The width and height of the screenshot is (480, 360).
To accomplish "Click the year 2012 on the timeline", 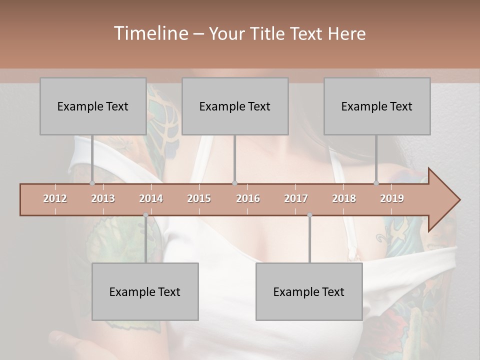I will tap(55, 198).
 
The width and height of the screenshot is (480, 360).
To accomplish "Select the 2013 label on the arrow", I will tap(103, 198).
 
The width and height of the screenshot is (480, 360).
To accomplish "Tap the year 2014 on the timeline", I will tap(151, 198).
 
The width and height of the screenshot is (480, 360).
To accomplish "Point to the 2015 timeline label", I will tap(199, 198).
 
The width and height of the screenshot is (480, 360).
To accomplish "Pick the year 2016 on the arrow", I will tap(248, 198).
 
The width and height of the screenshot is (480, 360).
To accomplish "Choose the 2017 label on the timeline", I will tap(296, 198).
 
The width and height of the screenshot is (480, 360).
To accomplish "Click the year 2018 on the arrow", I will tap(344, 198).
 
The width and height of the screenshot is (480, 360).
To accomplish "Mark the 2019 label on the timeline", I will tap(392, 198).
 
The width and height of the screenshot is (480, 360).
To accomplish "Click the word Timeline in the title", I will tap(150, 33).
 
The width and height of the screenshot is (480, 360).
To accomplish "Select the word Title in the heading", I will tap(268, 33).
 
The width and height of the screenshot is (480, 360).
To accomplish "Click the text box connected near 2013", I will tap(93, 106).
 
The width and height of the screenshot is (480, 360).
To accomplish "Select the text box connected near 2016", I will tap(235, 106).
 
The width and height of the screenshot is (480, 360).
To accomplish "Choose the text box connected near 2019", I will tap(377, 106).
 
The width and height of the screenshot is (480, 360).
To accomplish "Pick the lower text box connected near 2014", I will tap(145, 291).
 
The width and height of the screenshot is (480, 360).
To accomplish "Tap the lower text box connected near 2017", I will tap(309, 291).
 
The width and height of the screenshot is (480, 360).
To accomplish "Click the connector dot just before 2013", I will tap(92, 183).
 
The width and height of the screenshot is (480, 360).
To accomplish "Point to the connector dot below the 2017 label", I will tap(309, 215).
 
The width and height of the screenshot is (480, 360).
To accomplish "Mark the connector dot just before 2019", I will tap(376, 183).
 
